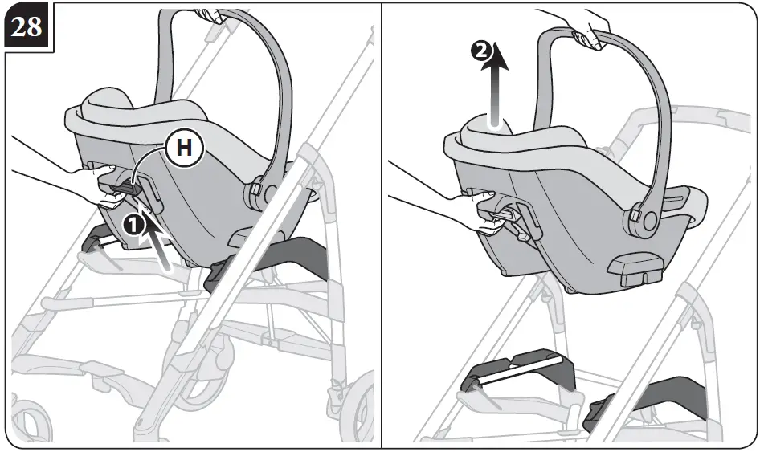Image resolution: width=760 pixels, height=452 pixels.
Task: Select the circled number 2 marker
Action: pyautogui.click(x=479, y=51)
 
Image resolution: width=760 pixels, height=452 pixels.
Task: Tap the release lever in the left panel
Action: pyautogui.click(x=121, y=187)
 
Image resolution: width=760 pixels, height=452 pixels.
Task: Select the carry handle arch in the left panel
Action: pyautogui.click(x=241, y=80)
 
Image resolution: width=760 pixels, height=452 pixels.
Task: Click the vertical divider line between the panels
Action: pyautogui.click(x=381, y=225)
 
